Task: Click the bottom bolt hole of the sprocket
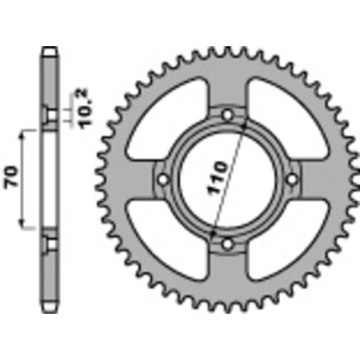coord(227,243)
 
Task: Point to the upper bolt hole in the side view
coord(50,117)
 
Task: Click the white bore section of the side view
coord(50,180)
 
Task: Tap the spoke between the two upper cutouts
coord(227,88)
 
